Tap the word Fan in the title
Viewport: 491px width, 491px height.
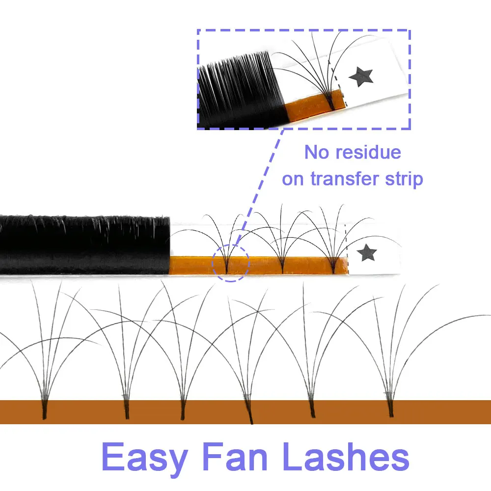(239, 458)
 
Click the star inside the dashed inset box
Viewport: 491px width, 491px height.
(361, 76)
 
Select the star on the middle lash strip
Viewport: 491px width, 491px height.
(367, 253)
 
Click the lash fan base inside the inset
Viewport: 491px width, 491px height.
(332, 102)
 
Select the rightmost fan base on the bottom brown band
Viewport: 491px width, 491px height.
(391, 409)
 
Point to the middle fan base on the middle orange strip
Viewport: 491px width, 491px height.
(282, 267)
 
